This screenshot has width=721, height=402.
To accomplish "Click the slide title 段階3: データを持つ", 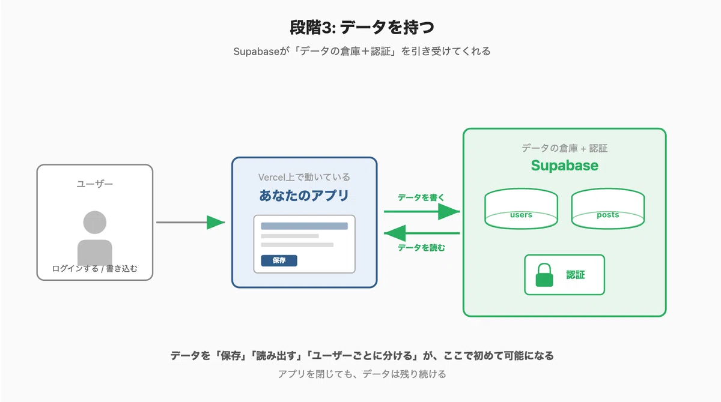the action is click(362, 28).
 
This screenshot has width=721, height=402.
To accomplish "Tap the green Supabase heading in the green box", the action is click(565, 166).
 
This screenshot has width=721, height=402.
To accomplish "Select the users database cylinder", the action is click(521, 209).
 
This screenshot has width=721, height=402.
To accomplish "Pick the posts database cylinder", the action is click(607, 209).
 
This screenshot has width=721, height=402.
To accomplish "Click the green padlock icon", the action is click(544, 275).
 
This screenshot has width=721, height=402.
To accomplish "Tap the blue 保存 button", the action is click(279, 260).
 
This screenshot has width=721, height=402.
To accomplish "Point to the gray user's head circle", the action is click(95, 223).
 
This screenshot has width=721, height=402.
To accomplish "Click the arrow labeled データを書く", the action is click(422, 211).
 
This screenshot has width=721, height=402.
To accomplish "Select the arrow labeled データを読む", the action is click(422, 233).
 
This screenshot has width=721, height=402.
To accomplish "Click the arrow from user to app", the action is click(190, 223).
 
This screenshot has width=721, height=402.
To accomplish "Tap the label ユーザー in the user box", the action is click(95, 184).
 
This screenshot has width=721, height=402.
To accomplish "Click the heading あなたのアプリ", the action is click(304, 196).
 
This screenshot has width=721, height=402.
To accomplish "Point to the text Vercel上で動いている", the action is click(304, 177).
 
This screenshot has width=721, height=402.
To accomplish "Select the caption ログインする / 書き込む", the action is click(95, 269).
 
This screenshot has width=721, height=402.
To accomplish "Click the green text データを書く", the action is click(421, 197).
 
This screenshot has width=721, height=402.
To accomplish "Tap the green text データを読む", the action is click(421, 248).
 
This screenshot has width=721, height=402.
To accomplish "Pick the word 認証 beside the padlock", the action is click(576, 275).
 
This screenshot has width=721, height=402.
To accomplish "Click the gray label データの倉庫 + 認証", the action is click(565, 148).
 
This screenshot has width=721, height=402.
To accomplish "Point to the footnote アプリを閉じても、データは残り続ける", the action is click(362, 374).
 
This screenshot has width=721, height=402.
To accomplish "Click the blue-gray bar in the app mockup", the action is click(304, 226).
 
